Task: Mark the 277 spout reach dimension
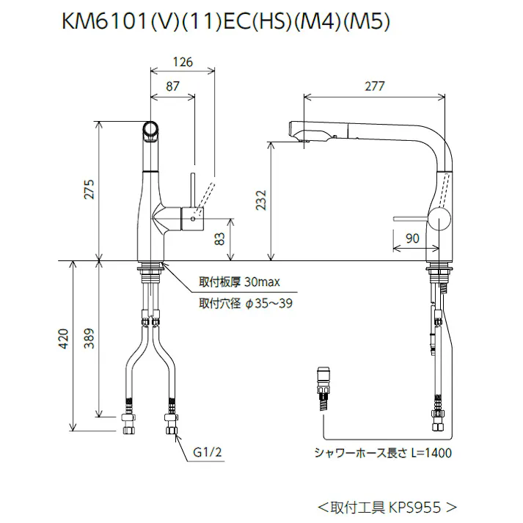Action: point(374,87)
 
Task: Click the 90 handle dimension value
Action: point(412,238)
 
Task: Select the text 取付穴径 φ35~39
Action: point(245,303)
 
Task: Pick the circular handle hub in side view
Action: point(441,219)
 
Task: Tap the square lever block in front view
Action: point(192,218)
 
